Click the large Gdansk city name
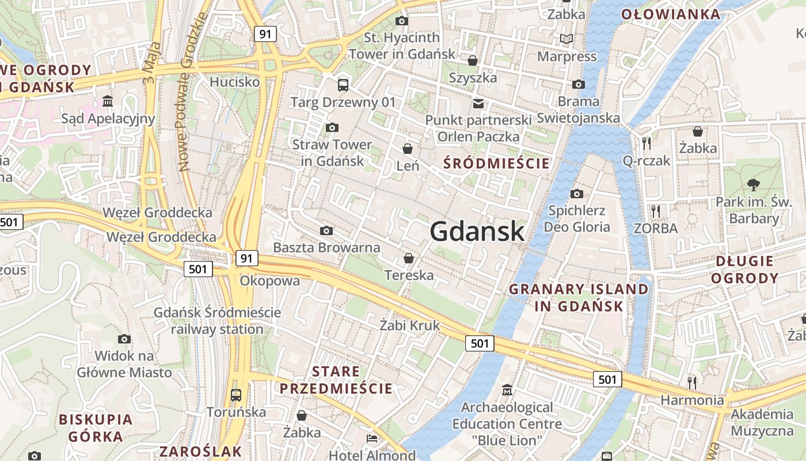pyautogui.click(x=477, y=232)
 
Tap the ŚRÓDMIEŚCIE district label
pyautogui.click(x=496, y=164)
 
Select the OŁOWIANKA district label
pyautogui.click(x=670, y=14)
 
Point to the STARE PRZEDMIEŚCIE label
pyautogui.click(x=336, y=380)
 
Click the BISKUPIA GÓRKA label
pyautogui.click(x=96, y=428)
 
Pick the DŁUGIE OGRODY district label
pyautogui.click(x=744, y=270)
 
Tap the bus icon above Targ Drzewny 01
pyautogui.click(x=343, y=85)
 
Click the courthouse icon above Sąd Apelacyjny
pyautogui.click(x=108, y=102)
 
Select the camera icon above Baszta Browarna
pyautogui.click(x=326, y=231)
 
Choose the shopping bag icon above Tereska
pyautogui.click(x=409, y=258)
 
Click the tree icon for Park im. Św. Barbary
pyautogui.click(x=753, y=185)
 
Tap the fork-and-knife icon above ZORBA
pyautogui.click(x=655, y=211)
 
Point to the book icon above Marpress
pyautogui.click(x=567, y=39)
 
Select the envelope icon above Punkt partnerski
pyautogui.click(x=478, y=103)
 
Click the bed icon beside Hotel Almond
pyautogui.click(x=372, y=439)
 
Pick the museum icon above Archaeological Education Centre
pyautogui.click(x=507, y=390)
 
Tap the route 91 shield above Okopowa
pyautogui.click(x=246, y=258)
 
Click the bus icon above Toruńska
pyautogui.click(x=235, y=395)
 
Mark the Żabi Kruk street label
pyautogui.click(x=409, y=326)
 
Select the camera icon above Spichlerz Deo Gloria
pyautogui.click(x=577, y=194)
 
